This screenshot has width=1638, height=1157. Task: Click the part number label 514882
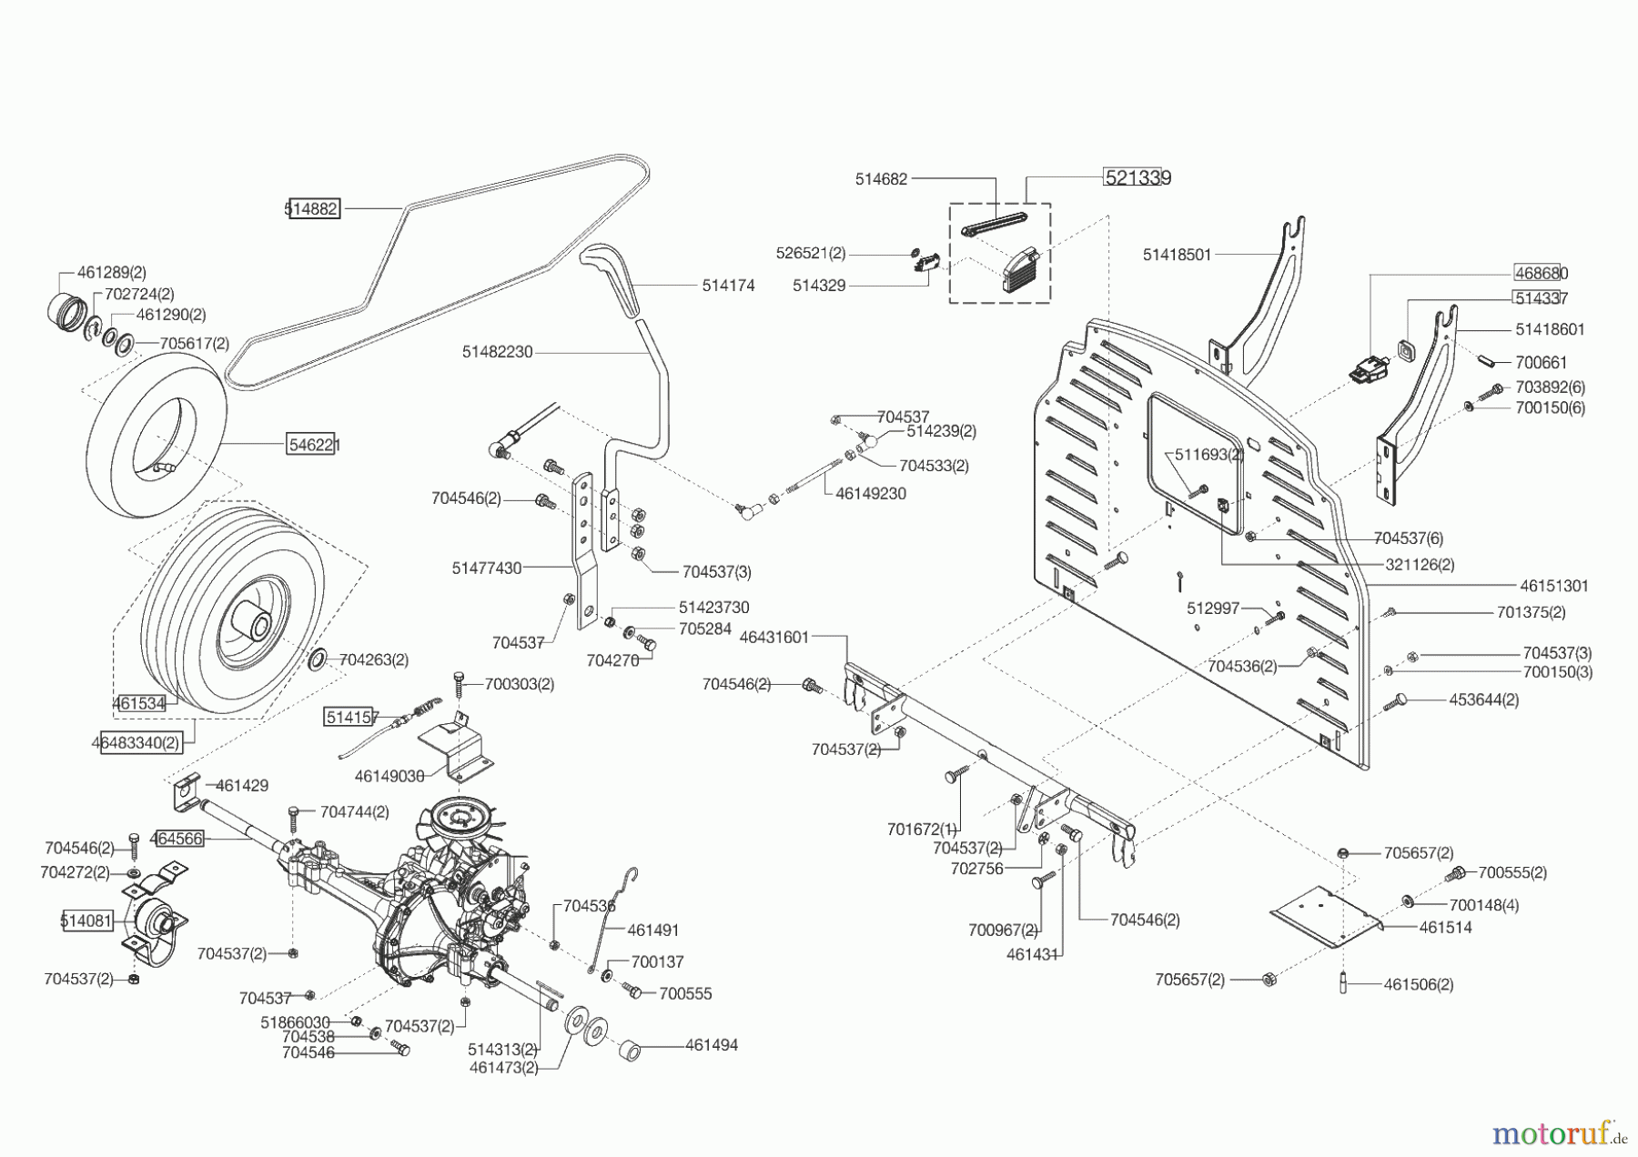312,209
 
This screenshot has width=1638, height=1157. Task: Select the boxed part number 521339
1137,178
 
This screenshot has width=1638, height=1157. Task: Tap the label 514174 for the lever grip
728,286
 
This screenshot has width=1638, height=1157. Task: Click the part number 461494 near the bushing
711,1046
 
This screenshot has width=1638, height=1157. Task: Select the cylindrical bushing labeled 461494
630,1051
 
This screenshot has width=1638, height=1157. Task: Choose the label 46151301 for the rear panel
1553,586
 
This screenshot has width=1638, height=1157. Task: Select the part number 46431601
774,638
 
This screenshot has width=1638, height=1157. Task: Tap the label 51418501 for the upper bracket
1177,255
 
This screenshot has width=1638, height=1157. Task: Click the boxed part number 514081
86,921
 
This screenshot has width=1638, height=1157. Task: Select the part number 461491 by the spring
653,931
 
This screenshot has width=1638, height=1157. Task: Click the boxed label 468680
1541,273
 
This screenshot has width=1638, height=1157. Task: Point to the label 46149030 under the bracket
389,776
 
